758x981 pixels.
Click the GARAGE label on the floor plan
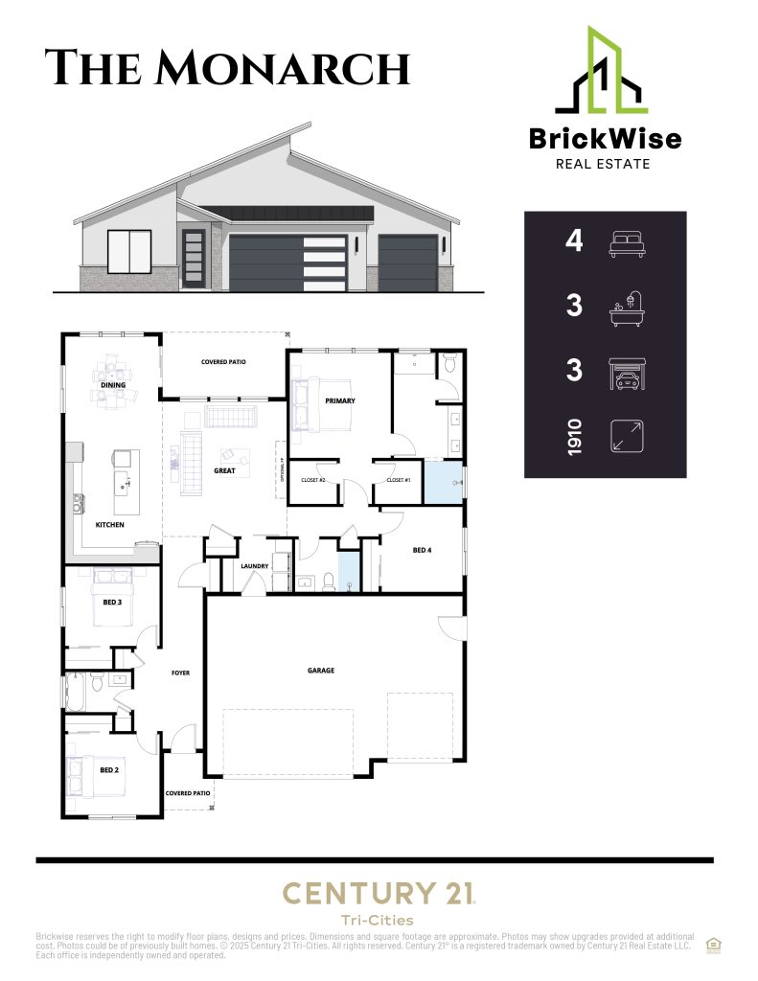pos(321,671)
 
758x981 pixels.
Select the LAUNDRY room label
pos(254,566)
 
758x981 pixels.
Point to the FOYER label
pos(180,673)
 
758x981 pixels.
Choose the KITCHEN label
pos(109,525)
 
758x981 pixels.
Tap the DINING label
pos(114,385)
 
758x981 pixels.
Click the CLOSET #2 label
pos(313,479)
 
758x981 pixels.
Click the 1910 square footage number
pos(574,437)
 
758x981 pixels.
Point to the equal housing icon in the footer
pos(714,944)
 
